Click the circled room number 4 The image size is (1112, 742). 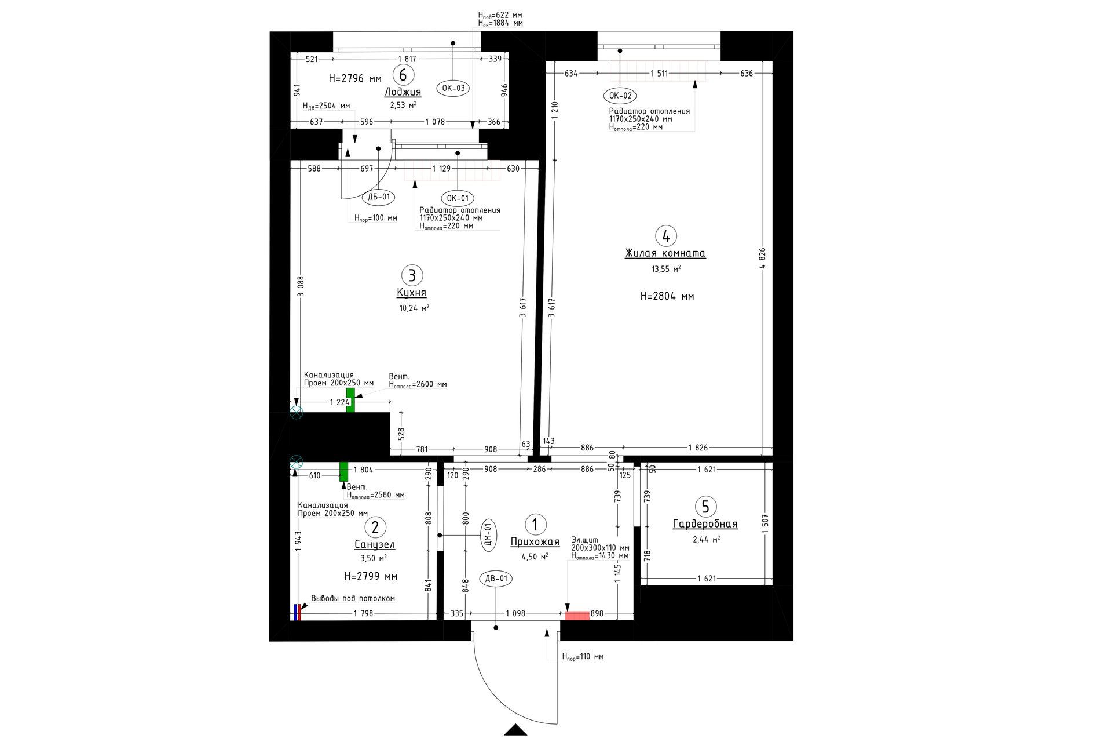pyautogui.click(x=666, y=236)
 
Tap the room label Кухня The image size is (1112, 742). pyautogui.click(x=411, y=293)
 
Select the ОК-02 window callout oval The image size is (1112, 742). pyautogui.click(x=620, y=96)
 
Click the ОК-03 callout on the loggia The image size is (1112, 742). pyautogui.click(x=453, y=88)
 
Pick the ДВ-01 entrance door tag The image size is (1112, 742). pyautogui.click(x=496, y=579)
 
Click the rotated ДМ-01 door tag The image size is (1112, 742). pyautogui.click(x=488, y=534)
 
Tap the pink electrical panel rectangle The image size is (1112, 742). pyautogui.click(x=577, y=616)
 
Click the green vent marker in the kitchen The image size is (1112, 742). pyautogui.click(x=350, y=400)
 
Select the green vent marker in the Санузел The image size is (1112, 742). pyautogui.click(x=343, y=471)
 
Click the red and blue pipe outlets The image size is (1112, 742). pyautogui.click(x=297, y=612)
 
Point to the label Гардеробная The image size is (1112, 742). pyautogui.click(x=705, y=524)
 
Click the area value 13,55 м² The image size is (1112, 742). pyautogui.click(x=666, y=269)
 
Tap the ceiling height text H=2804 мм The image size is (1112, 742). pyautogui.click(x=667, y=296)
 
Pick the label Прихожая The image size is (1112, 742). pyautogui.click(x=535, y=542)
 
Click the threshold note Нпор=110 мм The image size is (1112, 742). pyautogui.click(x=583, y=657)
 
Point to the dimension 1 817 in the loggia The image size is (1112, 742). pyautogui.click(x=407, y=59)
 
